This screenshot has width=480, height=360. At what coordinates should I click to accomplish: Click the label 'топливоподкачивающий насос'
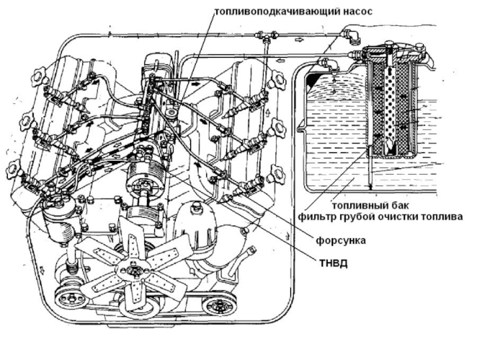pos(293,11)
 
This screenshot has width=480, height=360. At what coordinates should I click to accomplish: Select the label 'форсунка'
pos(340,241)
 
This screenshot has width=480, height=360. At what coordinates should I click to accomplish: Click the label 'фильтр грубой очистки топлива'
pos(380,217)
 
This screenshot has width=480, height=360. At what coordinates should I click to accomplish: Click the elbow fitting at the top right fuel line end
pos(352,35)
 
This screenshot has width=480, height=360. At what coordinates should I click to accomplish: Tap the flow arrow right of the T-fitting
pos(299,40)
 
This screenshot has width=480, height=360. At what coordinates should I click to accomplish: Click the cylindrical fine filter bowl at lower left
pos(59,223)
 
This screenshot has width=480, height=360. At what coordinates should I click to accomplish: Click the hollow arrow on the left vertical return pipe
pos(42,269)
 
